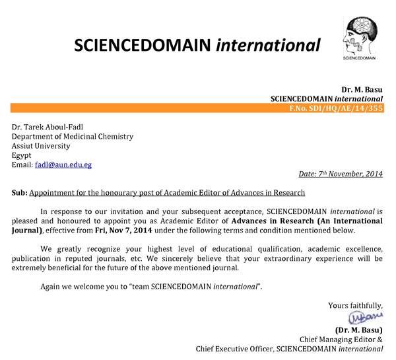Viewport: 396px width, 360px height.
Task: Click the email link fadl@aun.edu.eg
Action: [x=63, y=165]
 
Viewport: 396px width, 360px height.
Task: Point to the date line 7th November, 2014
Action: [x=341, y=174]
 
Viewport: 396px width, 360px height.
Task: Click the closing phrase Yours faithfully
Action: [x=355, y=305]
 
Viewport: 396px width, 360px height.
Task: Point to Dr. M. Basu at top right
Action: [x=362, y=89]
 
